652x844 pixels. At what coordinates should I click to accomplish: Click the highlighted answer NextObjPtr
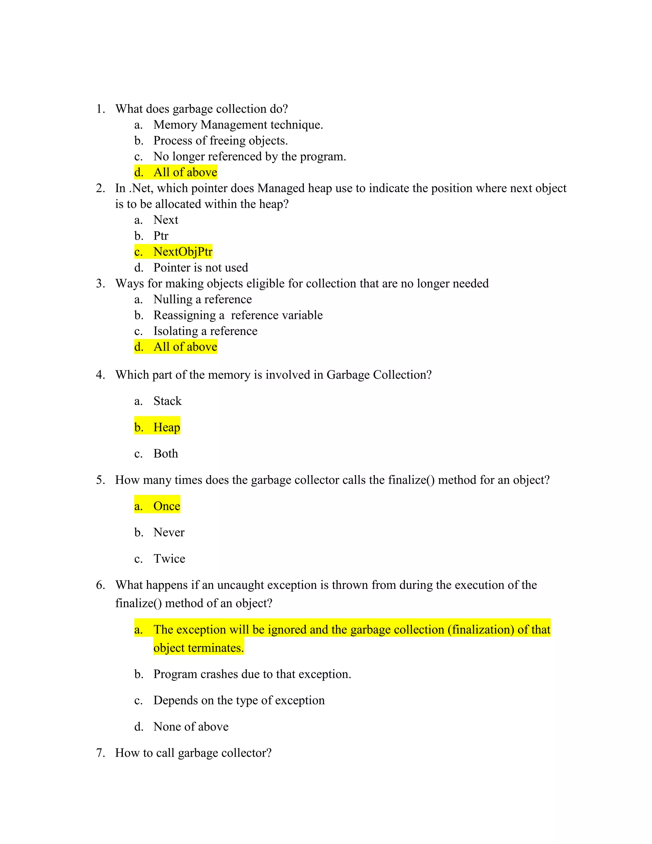[x=183, y=252]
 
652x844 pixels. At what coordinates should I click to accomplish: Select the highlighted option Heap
[x=167, y=427]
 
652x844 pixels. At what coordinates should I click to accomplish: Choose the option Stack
[x=167, y=401]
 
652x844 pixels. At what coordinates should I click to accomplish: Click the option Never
[x=169, y=532]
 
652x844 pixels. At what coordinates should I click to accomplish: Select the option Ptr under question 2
[x=161, y=236]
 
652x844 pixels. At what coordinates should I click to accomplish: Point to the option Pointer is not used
[x=201, y=268]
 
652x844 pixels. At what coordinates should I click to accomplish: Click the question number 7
[x=100, y=753]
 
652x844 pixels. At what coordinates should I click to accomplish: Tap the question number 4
[x=100, y=375]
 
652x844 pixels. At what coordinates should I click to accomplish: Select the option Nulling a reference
[x=202, y=299]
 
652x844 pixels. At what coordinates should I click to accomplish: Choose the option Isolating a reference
[x=205, y=331]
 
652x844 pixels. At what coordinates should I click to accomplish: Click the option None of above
[x=191, y=726]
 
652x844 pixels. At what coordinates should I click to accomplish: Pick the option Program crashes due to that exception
[x=252, y=674]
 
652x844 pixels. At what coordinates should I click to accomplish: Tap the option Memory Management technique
[x=238, y=125]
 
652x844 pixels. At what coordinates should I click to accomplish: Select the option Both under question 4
[x=166, y=453]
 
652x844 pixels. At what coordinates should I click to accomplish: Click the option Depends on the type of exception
[x=239, y=700]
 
